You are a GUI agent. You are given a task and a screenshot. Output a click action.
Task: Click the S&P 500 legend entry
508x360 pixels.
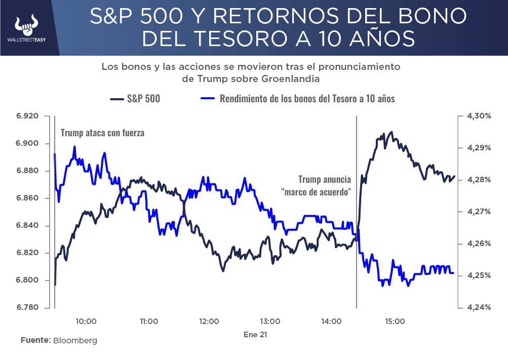tap(135, 99)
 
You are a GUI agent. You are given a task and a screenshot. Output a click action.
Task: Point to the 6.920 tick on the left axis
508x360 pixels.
tap(27, 116)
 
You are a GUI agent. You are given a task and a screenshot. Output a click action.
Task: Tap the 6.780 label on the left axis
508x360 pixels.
tap(27, 307)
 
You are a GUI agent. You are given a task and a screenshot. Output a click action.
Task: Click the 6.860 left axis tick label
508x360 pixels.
tap(27, 198)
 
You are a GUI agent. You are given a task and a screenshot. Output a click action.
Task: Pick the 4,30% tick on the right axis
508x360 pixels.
tap(477, 116)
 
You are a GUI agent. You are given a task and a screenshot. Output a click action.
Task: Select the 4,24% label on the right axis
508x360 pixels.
tap(477, 307)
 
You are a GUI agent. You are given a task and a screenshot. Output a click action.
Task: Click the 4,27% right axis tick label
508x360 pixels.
tap(477, 212)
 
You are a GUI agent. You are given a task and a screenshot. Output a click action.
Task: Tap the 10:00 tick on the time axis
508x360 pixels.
tap(86, 321)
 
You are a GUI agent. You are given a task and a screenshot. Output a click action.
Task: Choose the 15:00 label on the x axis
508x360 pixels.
tap(395, 321)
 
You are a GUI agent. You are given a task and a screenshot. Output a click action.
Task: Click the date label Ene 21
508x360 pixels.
tap(255, 335)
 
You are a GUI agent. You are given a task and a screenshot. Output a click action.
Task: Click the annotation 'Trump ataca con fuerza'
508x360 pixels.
tap(102, 133)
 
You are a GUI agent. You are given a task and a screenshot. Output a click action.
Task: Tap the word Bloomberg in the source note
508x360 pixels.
tap(75, 340)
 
